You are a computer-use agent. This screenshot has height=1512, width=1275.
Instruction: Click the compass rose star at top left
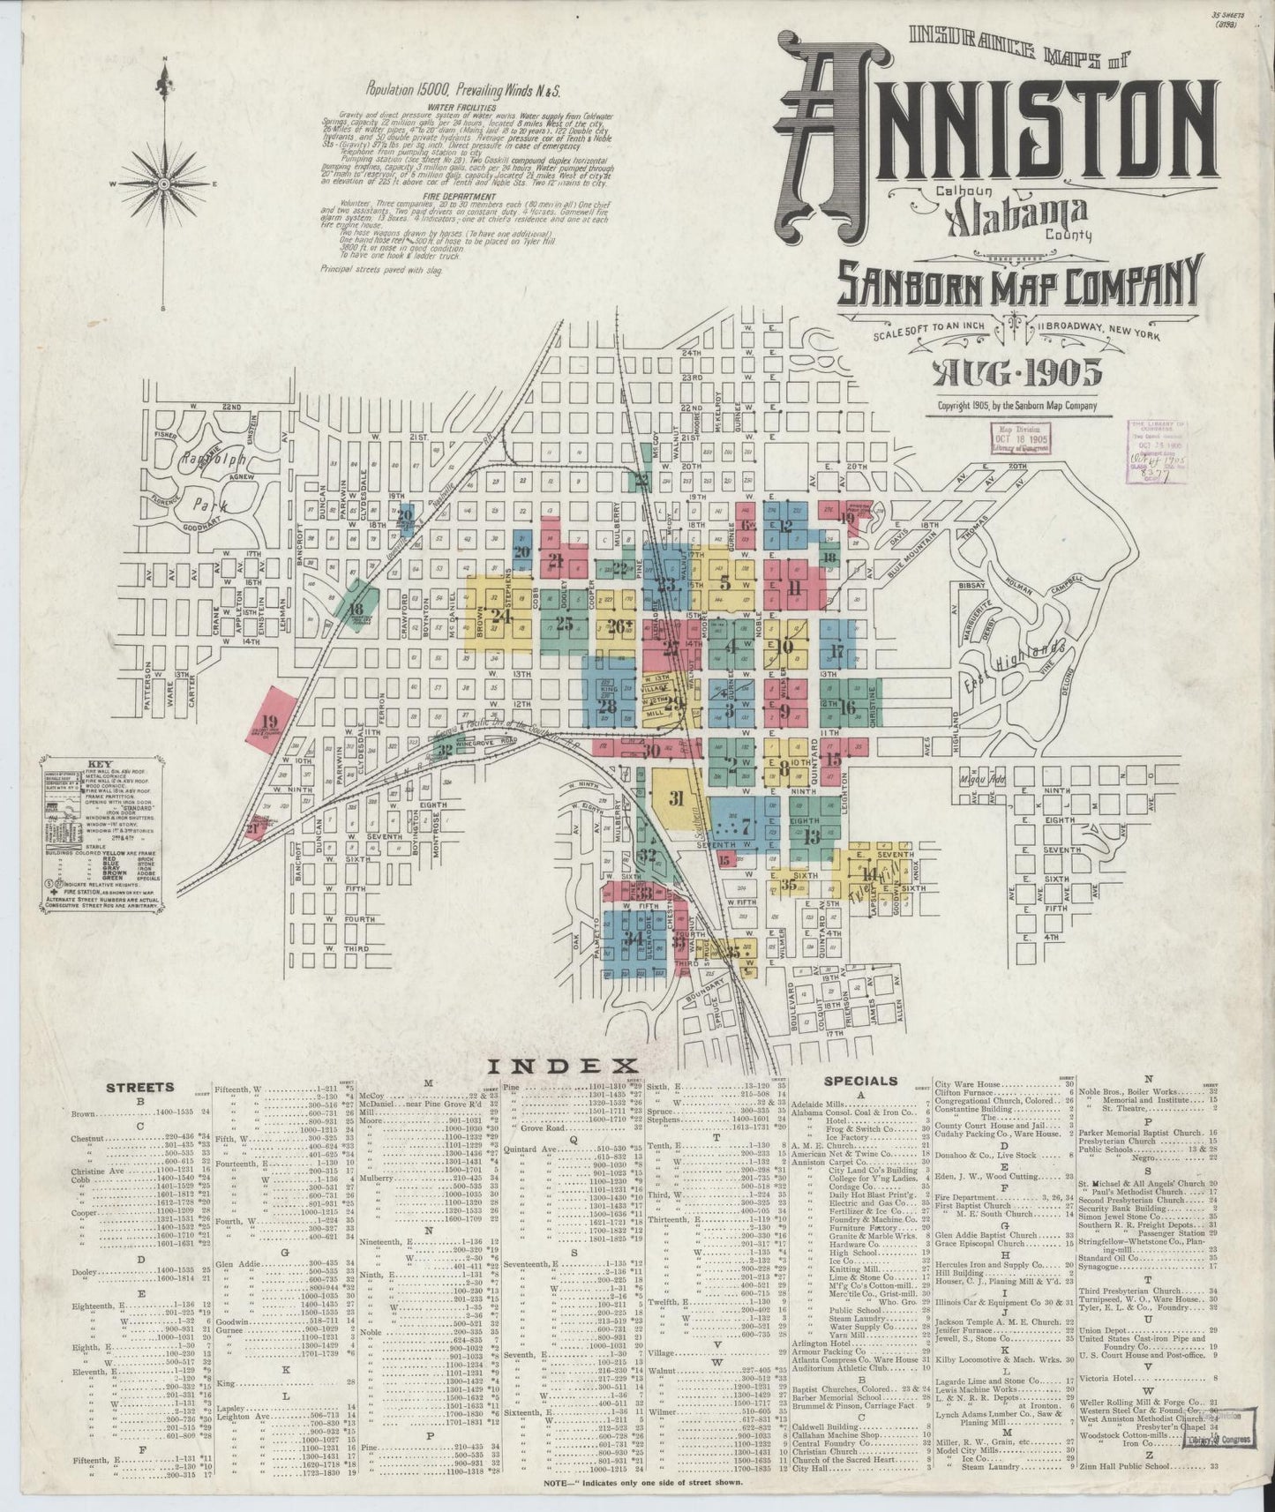[x=164, y=183]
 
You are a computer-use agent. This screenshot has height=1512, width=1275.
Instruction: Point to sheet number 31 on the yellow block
[x=677, y=800]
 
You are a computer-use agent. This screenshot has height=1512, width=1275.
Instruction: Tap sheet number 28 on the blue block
[x=607, y=707]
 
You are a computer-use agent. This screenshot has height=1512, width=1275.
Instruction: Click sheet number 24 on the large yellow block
[x=501, y=617]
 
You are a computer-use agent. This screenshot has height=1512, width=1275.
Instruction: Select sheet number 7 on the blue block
[x=745, y=827]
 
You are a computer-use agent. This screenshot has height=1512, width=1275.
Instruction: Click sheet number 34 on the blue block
[x=633, y=939]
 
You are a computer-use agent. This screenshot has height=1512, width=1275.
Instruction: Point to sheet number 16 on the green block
[x=848, y=707]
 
